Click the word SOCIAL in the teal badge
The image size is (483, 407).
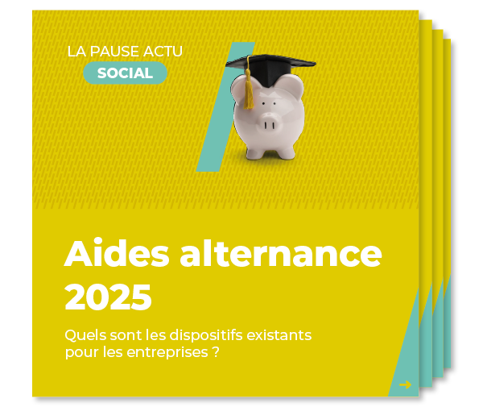tap(125, 73)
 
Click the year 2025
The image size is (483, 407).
tap(108, 297)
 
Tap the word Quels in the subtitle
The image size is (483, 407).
tap(83, 334)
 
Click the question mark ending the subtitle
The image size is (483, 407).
tap(217, 353)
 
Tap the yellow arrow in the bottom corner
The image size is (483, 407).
tap(405, 384)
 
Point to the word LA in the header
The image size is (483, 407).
tap(76, 52)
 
